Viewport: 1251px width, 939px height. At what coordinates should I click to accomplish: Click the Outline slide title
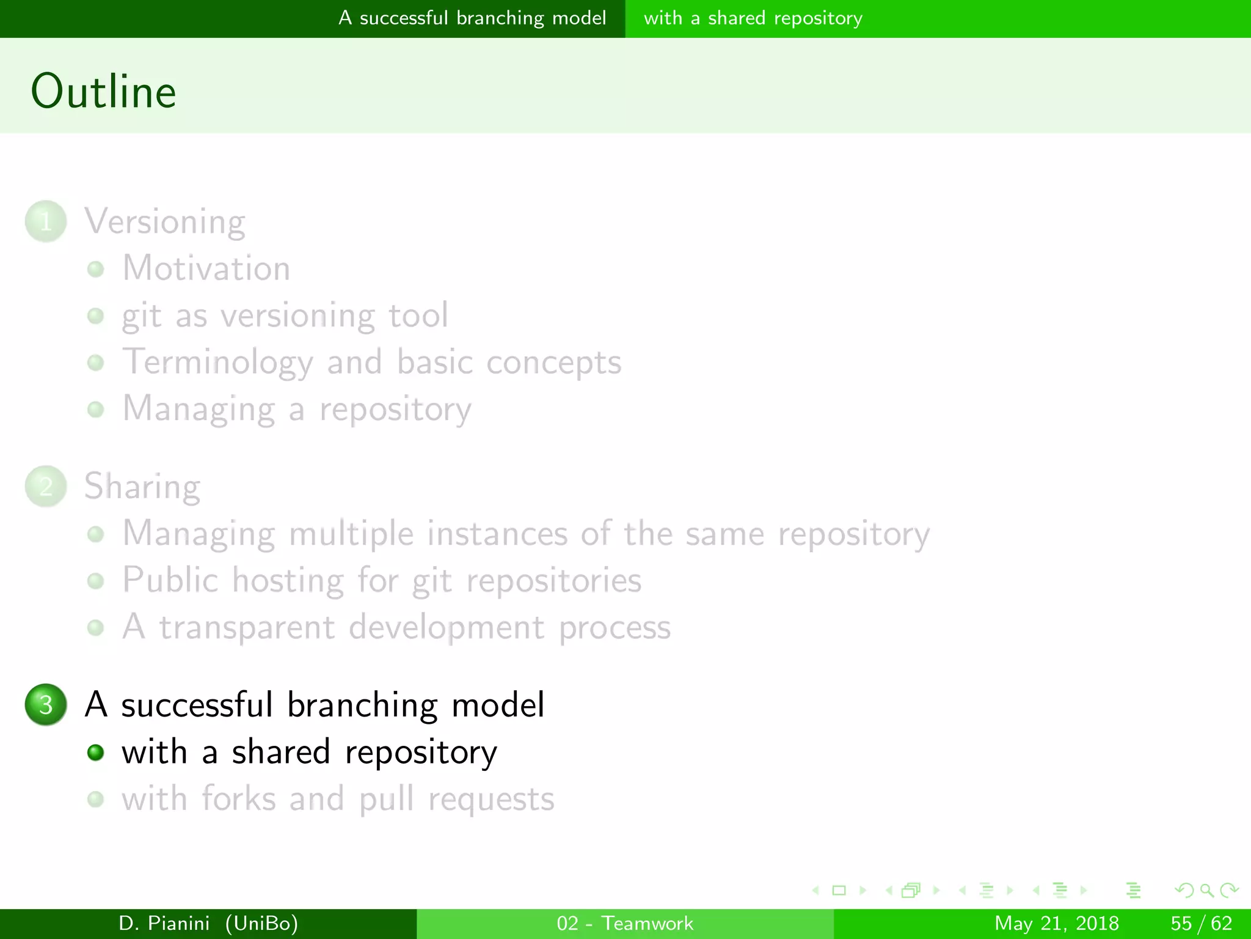point(104,92)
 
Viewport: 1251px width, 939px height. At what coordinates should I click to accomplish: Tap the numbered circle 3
point(46,704)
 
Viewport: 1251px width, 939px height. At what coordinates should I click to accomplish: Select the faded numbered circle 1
point(46,221)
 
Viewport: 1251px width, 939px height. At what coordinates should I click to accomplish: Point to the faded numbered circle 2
point(46,487)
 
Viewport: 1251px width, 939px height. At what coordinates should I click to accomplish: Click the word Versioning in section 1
point(165,221)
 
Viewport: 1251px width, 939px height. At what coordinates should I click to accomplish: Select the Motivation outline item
point(206,268)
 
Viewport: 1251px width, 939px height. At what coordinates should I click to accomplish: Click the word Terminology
point(217,362)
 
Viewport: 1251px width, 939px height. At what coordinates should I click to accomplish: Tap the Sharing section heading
point(142,487)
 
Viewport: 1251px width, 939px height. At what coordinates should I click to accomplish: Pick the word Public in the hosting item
point(170,580)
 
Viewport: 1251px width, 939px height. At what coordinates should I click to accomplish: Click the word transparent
point(247,627)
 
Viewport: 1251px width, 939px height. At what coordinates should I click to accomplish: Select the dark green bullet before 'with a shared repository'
point(95,752)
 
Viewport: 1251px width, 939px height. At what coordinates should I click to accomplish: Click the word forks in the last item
point(238,798)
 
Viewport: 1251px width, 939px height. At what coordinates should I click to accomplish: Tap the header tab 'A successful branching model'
point(472,18)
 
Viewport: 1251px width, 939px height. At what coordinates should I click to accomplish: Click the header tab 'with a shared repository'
point(753,18)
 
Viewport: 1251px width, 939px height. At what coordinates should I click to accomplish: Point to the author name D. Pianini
point(164,923)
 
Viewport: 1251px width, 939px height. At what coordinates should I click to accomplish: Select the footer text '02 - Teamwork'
point(625,923)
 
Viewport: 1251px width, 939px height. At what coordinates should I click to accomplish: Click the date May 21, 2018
point(1056,923)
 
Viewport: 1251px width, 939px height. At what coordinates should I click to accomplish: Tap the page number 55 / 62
point(1201,923)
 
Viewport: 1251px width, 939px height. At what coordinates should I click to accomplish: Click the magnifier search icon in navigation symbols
point(1206,890)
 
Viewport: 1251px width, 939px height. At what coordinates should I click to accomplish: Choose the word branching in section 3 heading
point(362,704)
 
